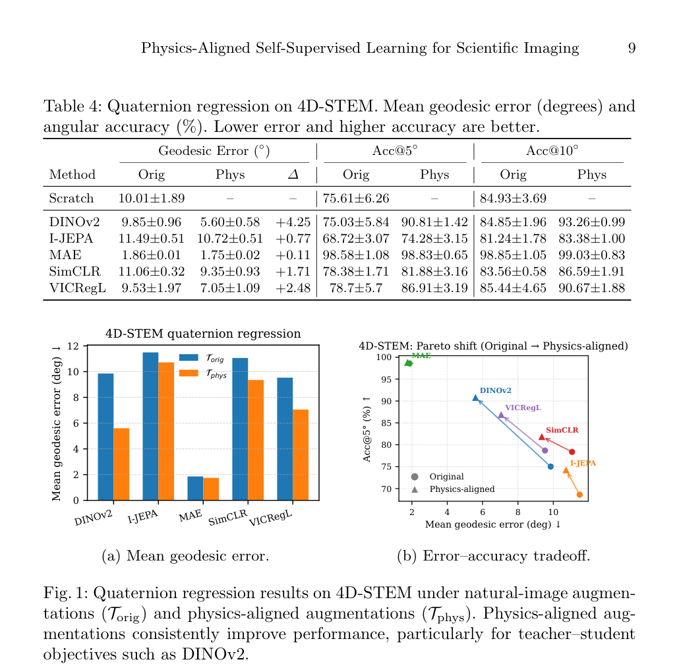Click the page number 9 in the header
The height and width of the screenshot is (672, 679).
coord(632,47)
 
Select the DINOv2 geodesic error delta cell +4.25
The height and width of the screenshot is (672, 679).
coord(293,222)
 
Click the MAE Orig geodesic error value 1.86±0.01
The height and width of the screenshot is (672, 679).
coord(152,255)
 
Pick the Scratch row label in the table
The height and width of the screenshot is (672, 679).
coord(71,198)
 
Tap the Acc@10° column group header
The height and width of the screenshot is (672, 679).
coord(552,150)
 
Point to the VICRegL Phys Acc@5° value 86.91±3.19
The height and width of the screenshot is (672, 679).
coord(434,288)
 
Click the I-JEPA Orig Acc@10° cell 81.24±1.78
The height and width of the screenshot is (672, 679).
coord(513,238)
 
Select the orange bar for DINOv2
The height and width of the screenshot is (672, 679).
coord(121,464)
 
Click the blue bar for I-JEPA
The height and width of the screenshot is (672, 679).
coord(150,426)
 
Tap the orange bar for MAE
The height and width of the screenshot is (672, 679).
coord(211,489)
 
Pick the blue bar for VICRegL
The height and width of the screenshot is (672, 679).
coord(285,439)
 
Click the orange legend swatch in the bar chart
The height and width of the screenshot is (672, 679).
coord(189,373)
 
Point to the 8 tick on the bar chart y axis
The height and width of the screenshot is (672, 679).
coord(76,397)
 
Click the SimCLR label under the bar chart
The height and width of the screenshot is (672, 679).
coord(228,518)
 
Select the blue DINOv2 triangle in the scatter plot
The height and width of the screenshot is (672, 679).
coord(475,398)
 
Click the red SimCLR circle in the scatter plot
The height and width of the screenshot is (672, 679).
coord(572,452)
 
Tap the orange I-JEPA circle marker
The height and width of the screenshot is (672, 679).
coord(579,495)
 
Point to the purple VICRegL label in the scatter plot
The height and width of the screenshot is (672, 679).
coord(523,408)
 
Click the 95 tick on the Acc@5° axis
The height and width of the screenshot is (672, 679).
coord(386,380)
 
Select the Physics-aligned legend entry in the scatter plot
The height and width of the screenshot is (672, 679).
coord(453,489)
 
